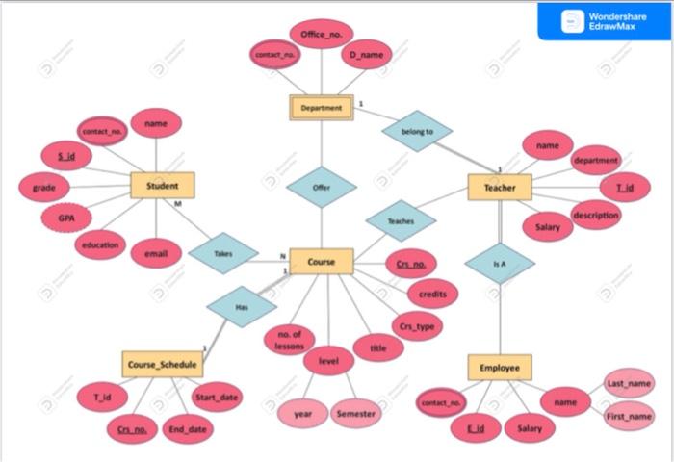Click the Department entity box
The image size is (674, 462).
pyautogui.click(x=322, y=108)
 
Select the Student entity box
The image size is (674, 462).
pyautogui.click(x=162, y=186)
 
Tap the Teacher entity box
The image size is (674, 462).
pyautogui.click(x=500, y=188)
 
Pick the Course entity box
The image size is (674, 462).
pyautogui.click(x=322, y=261)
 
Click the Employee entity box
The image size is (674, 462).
pyautogui.click(x=500, y=368)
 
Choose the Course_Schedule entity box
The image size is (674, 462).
pyautogui.click(x=162, y=365)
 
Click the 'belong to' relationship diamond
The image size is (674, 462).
pyautogui.click(x=417, y=131)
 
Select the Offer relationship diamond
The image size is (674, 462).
pyautogui.click(x=322, y=188)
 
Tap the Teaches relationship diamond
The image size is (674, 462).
pyautogui.click(x=401, y=221)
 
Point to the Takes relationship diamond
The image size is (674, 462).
pyautogui.click(x=223, y=253)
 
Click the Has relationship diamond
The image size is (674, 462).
pyautogui.click(x=242, y=307)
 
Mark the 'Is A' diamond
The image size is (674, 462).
pyautogui.click(x=500, y=263)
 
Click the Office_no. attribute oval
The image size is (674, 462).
pyautogui.click(x=321, y=35)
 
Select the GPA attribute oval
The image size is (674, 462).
pyautogui.click(x=67, y=218)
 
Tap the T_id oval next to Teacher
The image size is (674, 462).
pyautogui.click(x=625, y=187)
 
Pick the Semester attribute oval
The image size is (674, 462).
pyautogui.click(x=356, y=413)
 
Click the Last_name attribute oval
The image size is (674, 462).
pyautogui.click(x=629, y=383)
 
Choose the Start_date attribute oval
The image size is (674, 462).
pyautogui.click(x=217, y=397)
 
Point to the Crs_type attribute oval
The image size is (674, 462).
pyautogui.click(x=417, y=325)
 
